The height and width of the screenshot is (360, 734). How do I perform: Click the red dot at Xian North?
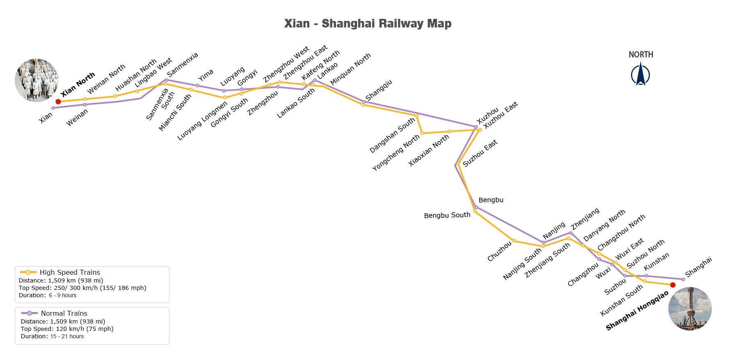58,102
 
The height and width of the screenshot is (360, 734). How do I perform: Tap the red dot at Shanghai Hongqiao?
672,285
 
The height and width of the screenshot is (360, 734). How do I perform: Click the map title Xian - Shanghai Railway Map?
368,23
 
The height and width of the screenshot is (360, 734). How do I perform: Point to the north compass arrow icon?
640,74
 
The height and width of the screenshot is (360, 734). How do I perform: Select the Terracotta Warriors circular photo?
37,80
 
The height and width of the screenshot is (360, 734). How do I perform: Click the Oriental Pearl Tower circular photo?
690,308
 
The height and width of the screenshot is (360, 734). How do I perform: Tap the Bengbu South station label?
447,215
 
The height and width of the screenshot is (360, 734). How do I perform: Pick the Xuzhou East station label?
501,115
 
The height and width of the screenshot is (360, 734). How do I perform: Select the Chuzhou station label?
499,251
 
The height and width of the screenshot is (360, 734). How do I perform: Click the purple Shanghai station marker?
683,279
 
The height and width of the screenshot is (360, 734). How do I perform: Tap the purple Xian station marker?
53,108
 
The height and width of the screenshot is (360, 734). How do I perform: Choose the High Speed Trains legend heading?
70,272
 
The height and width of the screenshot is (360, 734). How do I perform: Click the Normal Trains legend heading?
64,313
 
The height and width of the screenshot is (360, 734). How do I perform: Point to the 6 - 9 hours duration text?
62,295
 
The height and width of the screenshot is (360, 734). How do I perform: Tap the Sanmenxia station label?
183,64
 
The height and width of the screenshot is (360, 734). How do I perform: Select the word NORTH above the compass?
641,55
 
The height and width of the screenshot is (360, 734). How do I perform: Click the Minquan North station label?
350,69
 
